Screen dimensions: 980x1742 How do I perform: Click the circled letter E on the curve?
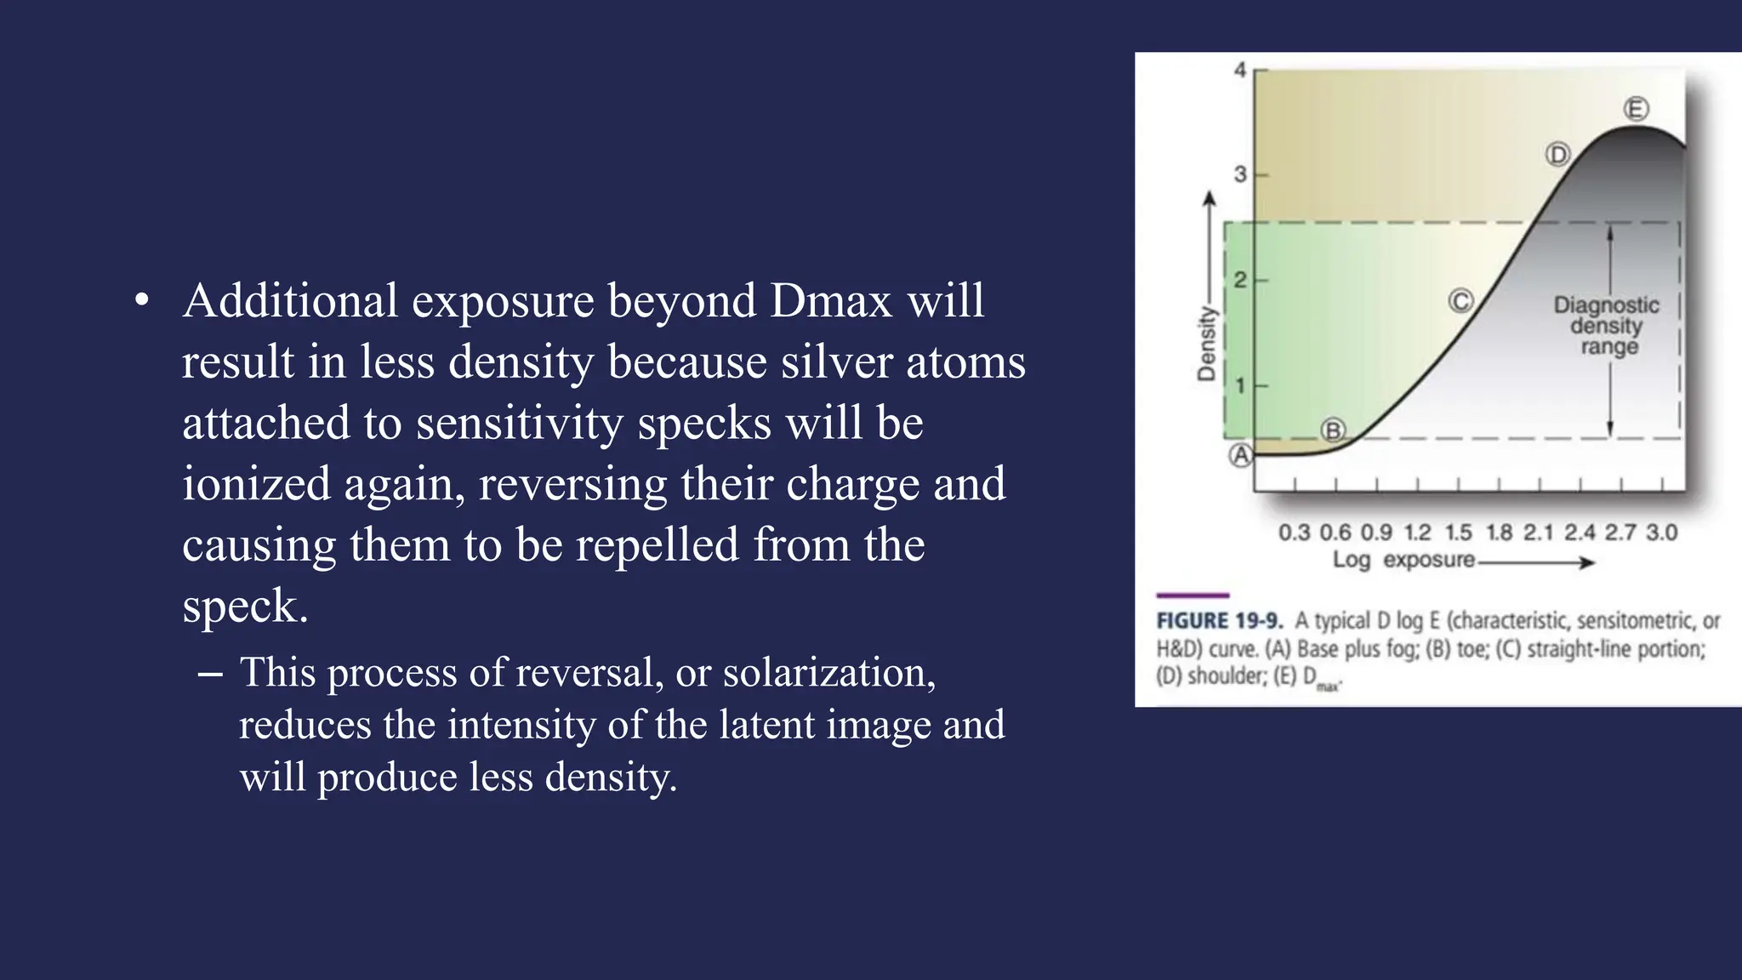(x=1636, y=109)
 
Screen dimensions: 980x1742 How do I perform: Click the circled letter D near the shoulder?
(x=1557, y=155)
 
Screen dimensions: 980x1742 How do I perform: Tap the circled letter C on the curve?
(x=1460, y=301)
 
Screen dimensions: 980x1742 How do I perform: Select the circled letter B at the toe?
(x=1333, y=430)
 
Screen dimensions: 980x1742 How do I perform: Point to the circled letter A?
(x=1241, y=456)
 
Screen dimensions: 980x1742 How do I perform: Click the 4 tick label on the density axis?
(x=1240, y=70)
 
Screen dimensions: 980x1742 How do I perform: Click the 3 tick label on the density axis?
(x=1240, y=174)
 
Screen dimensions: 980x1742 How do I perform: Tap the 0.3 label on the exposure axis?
(x=1294, y=533)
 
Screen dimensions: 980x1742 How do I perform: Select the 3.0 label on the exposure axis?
(x=1661, y=533)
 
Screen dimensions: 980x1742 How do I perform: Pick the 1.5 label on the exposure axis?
(x=1458, y=533)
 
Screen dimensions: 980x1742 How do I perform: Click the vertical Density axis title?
(x=1206, y=344)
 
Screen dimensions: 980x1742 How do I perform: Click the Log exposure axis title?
(x=1403, y=560)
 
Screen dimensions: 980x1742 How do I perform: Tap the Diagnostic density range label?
(x=1606, y=325)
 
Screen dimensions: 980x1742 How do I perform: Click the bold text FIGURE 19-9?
(x=1218, y=620)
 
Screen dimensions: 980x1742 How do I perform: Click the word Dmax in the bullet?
(x=832, y=300)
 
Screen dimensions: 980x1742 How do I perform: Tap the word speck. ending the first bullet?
(x=245, y=606)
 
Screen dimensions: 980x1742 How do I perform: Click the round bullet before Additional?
(x=142, y=300)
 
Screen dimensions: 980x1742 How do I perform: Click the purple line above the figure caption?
(x=1193, y=595)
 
